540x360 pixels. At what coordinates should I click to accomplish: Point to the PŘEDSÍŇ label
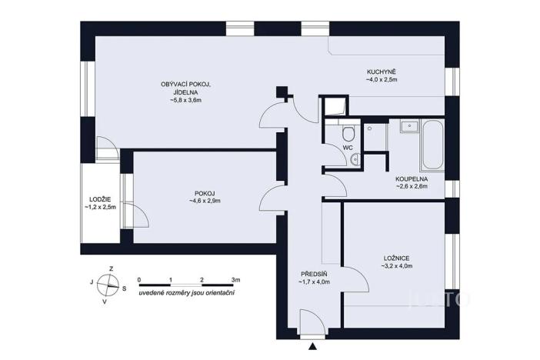pyautogui.click(x=313, y=274)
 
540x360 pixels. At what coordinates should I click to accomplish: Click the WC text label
pyautogui.click(x=347, y=146)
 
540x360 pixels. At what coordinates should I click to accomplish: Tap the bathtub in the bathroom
pyautogui.click(x=431, y=145)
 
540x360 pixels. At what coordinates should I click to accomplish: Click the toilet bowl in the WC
pyautogui.click(x=347, y=130)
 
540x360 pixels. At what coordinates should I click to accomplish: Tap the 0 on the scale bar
pyautogui.click(x=139, y=280)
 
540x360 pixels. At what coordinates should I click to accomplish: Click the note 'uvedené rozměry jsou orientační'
pyautogui.click(x=186, y=294)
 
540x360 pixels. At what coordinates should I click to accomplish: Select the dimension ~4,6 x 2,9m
pyautogui.click(x=205, y=202)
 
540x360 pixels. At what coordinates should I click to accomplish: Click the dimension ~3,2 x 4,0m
pyautogui.click(x=396, y=266)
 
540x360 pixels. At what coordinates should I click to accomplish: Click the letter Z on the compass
pyautogui.click(x=112, y=268)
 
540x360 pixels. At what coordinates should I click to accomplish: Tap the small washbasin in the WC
pyautogui.click(x=353, y=159)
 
